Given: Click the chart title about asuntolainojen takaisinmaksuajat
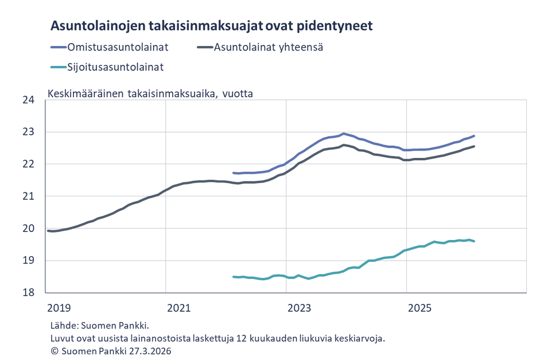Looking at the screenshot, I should pyautogui.click(x=212, y=26).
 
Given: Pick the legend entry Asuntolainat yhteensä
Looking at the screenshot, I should pyautogui.click(x=269, y=47).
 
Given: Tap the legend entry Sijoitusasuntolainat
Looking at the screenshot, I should pyautogui.click(x=115, y=67).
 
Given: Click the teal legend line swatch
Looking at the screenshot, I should pyautogui.click(x=58, y=67).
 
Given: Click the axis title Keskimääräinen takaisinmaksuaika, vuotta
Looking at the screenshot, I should pyautogui.click(x=150, y=93).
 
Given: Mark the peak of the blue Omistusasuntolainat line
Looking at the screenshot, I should pyautogui.click(x=343, y=133).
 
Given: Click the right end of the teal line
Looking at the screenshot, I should pyautogui.click(x=474, y=241).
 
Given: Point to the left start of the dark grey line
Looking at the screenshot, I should pyautogui.click(x=48, y=231).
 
